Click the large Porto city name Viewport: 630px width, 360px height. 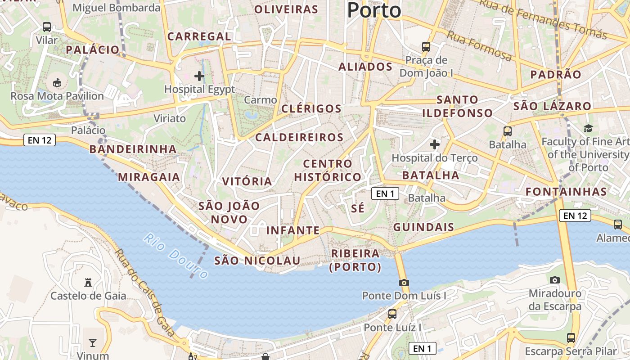(x=374, y=10)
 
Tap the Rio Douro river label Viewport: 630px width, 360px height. (x=176, y=255)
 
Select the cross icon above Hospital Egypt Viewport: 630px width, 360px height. (x=199, y=76)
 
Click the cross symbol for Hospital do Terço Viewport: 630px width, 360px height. (x=434, y=144)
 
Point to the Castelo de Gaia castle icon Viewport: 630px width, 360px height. (x=88, y=283)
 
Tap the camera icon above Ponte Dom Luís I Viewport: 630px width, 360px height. (x=404, y=283)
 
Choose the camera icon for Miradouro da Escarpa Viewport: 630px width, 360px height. (x=555, y=280)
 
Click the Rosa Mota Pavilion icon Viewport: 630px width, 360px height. (x=57, y=83)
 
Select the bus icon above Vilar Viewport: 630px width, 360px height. (x=47, y=27)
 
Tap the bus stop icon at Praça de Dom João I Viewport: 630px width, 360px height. (x=426, y=46)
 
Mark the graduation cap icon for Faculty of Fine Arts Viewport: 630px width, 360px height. (x=588, y=129)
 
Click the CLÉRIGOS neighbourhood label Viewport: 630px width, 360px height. (x=311, y=108)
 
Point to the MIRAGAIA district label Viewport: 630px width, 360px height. (x=149, y=177)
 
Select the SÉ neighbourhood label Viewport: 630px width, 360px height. (x=358, y=209)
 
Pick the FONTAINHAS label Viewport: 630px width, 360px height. (x=566, y=192)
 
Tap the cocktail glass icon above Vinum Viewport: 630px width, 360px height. (x=93, y=343)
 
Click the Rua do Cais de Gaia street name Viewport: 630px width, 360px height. (x=144, y=292)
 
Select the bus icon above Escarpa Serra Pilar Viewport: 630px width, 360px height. (x=571, y=337)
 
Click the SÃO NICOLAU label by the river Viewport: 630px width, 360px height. (x=257, y=261)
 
